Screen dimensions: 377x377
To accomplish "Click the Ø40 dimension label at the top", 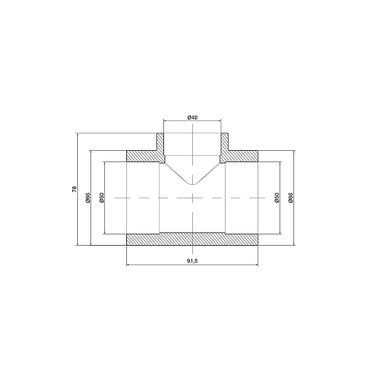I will click(x=192, y=117).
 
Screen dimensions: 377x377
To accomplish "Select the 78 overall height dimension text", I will click(x=74, y=188).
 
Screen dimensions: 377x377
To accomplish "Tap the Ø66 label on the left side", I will click(x=88, y=197).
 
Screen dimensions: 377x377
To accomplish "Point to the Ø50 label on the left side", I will click(x=101, y=197).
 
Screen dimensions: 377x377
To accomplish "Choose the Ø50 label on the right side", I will click(x=276, y=197).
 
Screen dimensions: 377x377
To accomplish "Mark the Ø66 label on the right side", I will click(x=290, y=197).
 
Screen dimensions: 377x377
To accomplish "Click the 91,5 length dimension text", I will click(x=192, y=261).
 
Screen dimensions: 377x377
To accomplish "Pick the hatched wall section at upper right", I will click(x=242, y=155).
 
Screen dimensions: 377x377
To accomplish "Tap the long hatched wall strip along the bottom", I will click(x=192, y=239).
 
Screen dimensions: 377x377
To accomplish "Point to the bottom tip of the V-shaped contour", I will click(x=192, y=185).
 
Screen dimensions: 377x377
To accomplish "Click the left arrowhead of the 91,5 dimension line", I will click(x=129, y=265).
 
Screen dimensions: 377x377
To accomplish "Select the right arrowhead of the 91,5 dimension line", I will click(x=257, y=265).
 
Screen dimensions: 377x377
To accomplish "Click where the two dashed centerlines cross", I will click(x=192, y=197).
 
